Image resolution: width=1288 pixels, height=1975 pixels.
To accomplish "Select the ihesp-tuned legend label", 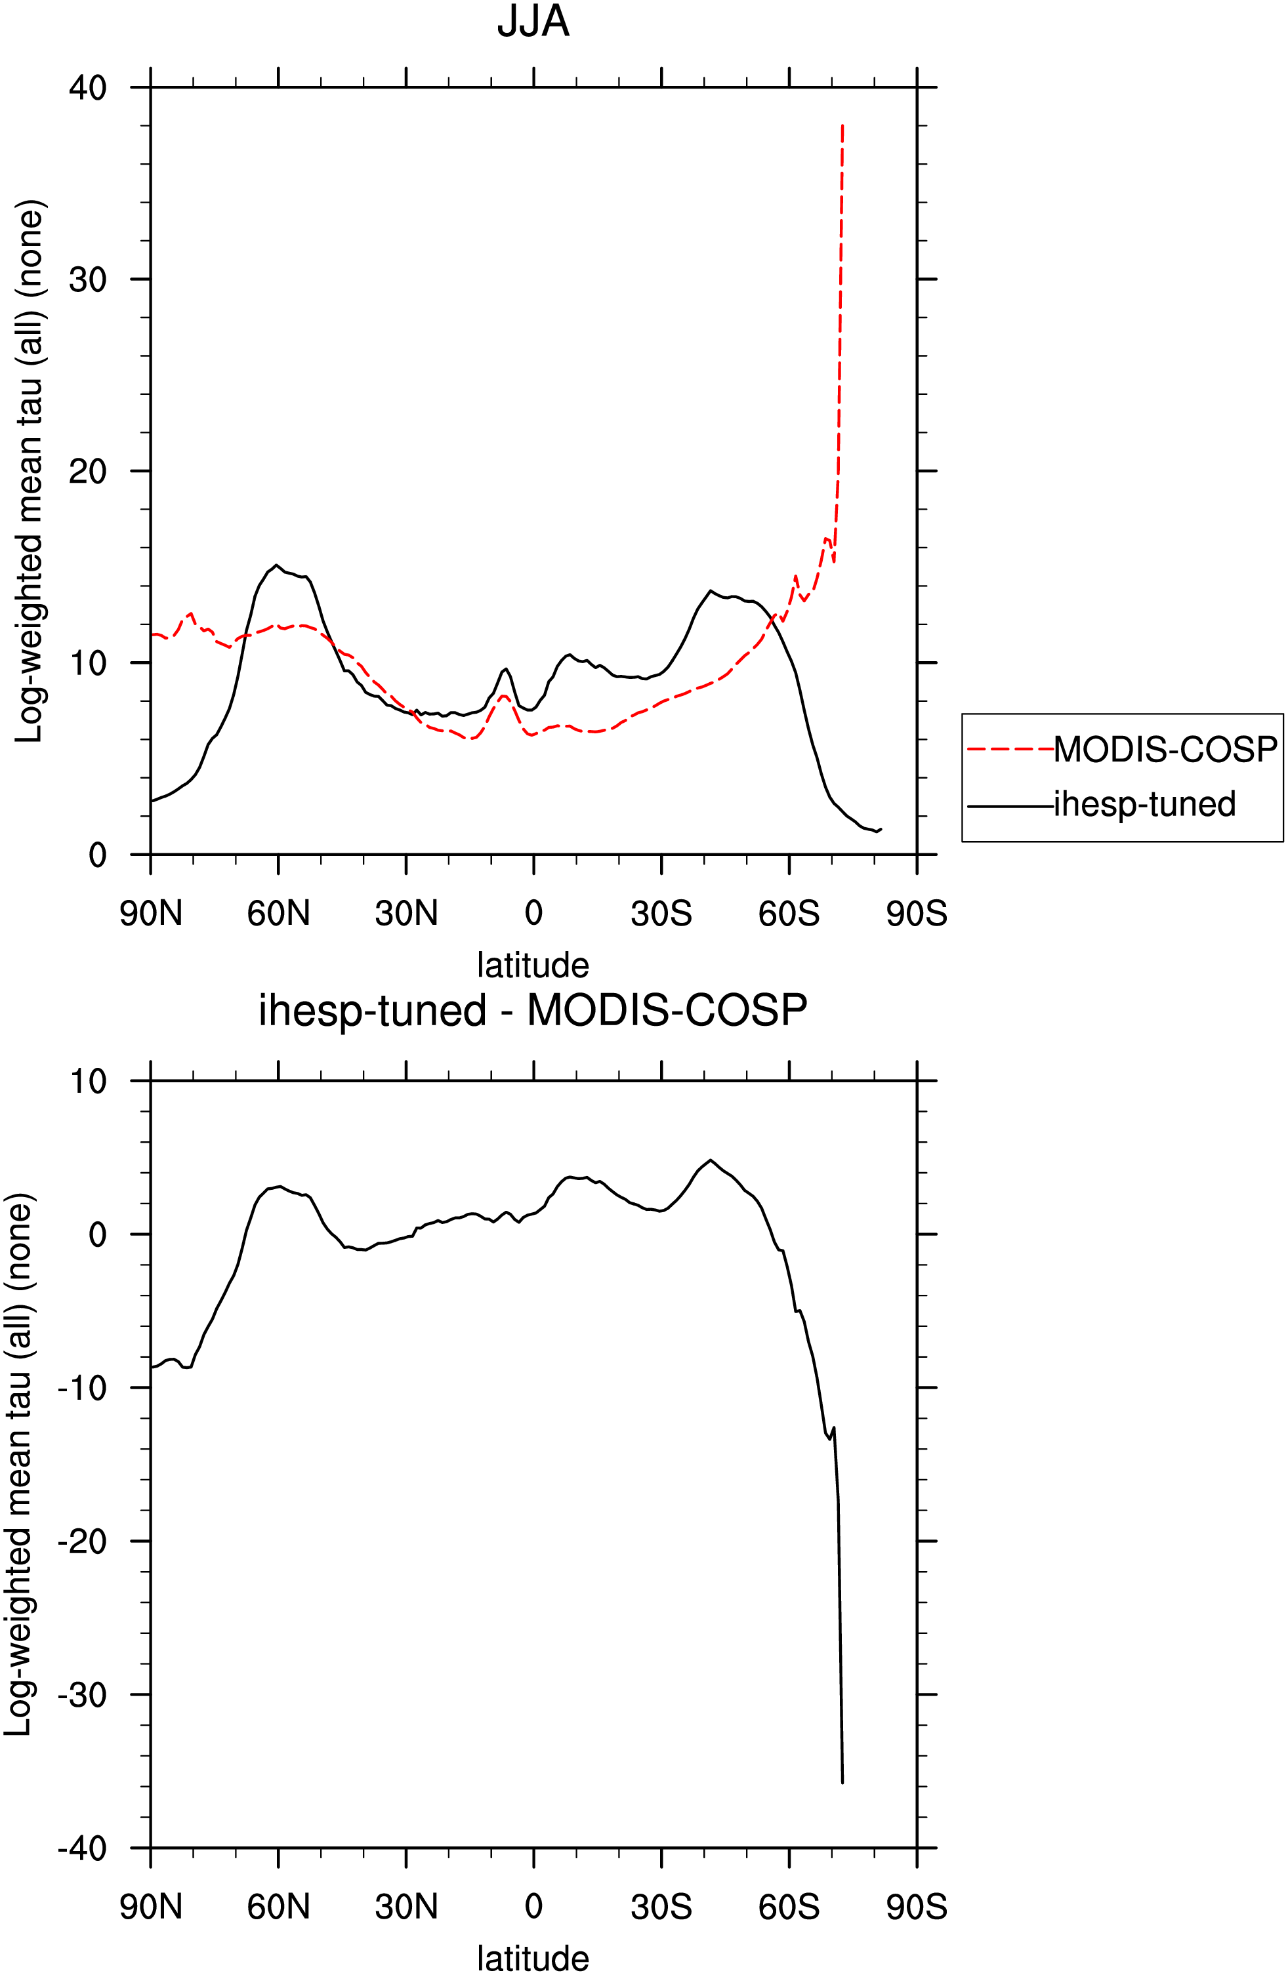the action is click(x=1144, y=804).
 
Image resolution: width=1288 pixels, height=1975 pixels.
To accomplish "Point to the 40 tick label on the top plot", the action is click(x=88, y=87).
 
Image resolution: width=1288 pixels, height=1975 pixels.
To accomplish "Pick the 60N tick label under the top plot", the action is click(x=278, y=914).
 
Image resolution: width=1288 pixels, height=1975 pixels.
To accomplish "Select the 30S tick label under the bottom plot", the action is click(x=661, y=1906).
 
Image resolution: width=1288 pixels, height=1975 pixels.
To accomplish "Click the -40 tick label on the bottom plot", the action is click(x=82, y=1848).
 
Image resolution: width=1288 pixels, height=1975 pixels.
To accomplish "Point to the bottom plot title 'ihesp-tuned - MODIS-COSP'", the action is click(x=533, y=1011).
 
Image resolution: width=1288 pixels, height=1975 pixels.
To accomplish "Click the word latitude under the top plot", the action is click(x=533, y=965).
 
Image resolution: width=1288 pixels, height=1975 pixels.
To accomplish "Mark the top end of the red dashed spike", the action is click(x=842, y=125).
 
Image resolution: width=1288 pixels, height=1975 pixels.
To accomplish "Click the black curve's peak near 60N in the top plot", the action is click(x=277, y=565).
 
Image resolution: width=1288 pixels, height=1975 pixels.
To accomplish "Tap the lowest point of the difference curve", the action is click(x=842, y=1782).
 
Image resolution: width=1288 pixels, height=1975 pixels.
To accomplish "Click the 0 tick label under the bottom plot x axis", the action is click(x=533, y=1906).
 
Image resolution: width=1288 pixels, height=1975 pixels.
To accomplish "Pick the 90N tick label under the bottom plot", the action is click(x=150, y=1906).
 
